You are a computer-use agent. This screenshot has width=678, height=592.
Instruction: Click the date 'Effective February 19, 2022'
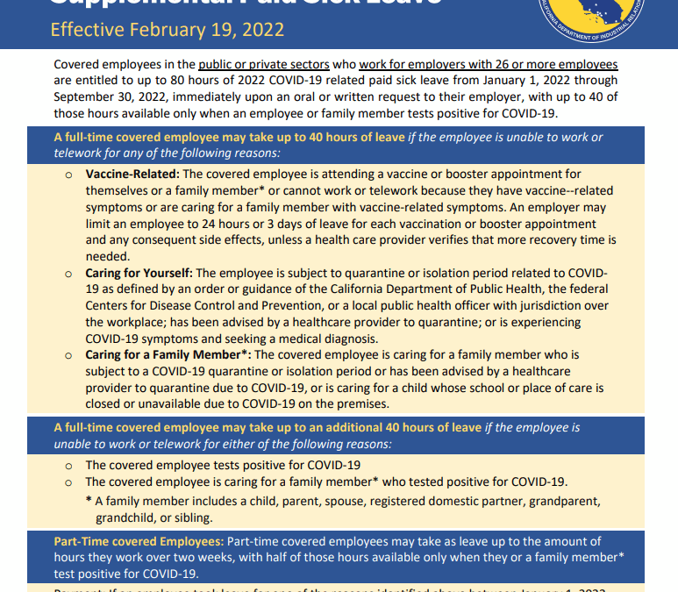click(x=168, y=30)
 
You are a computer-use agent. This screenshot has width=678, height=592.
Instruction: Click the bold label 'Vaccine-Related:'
click(x=132, y=175)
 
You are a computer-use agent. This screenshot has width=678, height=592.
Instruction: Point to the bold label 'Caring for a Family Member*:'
click(x=168, y=354)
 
